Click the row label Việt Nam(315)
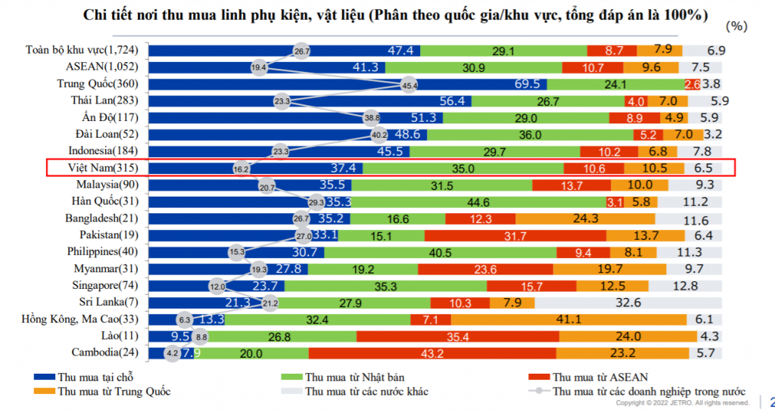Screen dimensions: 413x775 [x=105, y=168]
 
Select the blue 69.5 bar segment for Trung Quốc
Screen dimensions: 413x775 [x=348, y=84]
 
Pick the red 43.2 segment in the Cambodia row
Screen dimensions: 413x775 [x=431, y=352]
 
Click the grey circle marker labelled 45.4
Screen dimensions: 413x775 [x=409, y=85]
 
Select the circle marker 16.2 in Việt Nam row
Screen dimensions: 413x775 [x=241, y=169]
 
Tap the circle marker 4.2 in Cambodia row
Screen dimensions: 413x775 [x=171, y=352]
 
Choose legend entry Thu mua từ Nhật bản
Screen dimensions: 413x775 [x=351, y=377]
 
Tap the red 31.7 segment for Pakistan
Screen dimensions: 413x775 [x=515, y=235]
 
